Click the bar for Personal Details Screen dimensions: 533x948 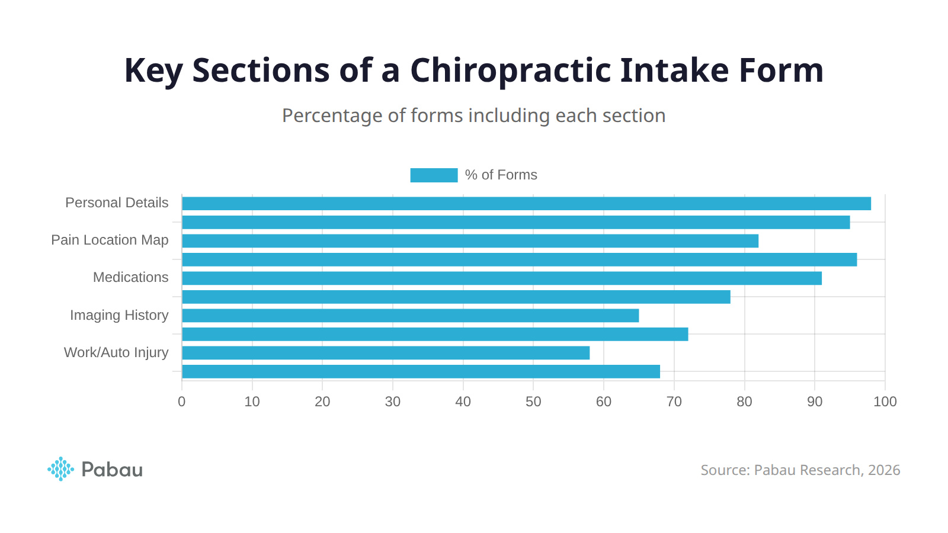point(526,204)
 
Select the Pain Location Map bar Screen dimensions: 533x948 point(470,241)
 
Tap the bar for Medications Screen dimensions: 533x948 point(502,278)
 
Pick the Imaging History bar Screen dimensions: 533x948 point(410,316)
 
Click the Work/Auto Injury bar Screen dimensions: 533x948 point(386,353)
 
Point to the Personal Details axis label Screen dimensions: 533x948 point(117,203)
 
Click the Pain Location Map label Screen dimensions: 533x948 point(110,240)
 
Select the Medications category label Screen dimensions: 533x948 point(130,278)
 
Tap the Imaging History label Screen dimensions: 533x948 point(119,315)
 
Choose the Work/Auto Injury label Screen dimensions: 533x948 point(116,353)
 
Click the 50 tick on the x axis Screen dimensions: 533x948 point(533,402)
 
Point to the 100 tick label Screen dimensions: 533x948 point(885,402)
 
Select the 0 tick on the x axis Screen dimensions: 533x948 point(182,402)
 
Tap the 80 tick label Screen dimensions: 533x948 point(744,402)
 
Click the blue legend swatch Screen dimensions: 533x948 point(434,175)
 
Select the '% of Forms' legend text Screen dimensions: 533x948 point(501,175)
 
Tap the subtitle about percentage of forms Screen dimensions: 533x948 point(473,115)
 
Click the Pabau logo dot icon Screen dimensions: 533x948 point(60,469)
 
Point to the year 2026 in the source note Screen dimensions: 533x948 point(884,470)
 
